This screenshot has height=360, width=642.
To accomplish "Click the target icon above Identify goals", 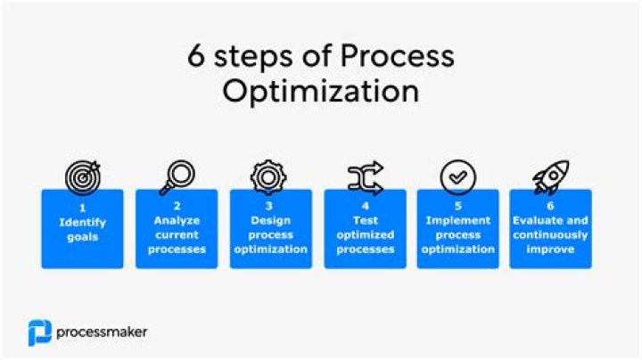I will coord(82,176).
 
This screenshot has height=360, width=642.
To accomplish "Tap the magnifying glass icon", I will coord(176,176).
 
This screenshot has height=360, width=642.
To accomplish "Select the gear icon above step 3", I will coord(268,176).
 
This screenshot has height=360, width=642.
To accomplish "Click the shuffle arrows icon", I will coord(365,176).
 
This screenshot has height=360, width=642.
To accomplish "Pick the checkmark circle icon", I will coord(458,177).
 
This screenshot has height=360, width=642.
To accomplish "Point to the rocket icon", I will coord(551,176).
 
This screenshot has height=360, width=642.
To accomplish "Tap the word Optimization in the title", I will coord(320,91).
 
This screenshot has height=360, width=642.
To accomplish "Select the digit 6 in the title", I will coord(196,57).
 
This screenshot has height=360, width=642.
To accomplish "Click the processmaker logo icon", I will coord(39,332).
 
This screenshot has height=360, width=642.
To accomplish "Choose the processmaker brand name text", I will coord(102,332).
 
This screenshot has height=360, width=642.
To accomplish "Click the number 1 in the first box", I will coord(82,207).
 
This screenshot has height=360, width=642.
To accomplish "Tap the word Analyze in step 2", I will coord(177,220).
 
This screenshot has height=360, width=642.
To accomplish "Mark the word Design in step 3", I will coord(271,220).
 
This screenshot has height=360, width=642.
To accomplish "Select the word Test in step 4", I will coord(365,220).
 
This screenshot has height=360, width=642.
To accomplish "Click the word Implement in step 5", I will coord(458,220).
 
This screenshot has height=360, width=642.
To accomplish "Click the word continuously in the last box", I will coord(550,234).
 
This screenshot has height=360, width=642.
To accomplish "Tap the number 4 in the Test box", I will coord(365,207).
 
